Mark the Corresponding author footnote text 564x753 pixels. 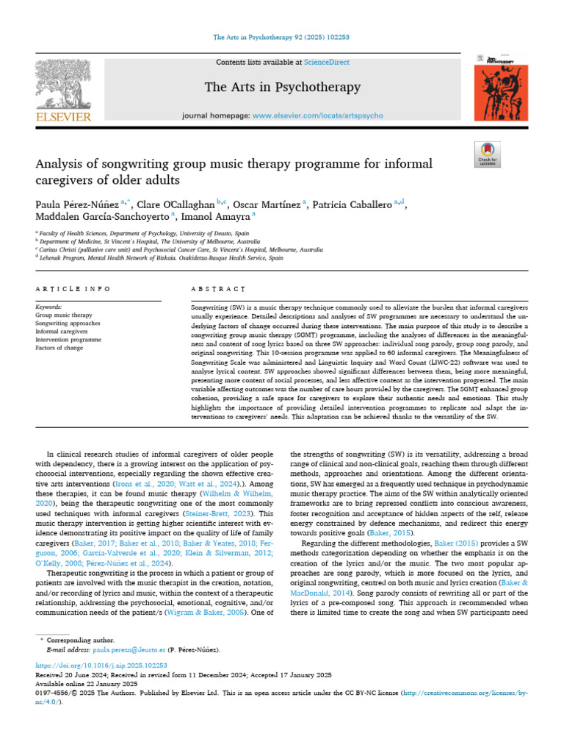pyautogui.click(x=80, y=641)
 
